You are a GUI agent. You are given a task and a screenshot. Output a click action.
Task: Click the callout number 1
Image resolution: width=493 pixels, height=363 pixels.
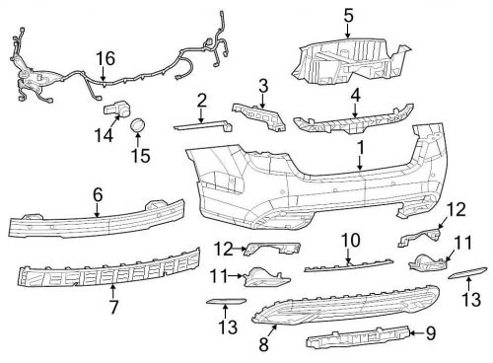pos(361,146)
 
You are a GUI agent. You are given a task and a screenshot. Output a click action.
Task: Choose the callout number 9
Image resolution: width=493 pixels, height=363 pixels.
pos(430,333)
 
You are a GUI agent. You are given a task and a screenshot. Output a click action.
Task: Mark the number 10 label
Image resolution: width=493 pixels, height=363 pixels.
pos(346,240)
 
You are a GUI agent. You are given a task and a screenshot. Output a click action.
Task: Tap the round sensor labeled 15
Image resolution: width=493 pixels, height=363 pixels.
pos(138,125)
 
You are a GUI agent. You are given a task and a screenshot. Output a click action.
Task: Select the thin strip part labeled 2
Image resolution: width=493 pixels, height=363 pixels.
pos(201,124)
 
